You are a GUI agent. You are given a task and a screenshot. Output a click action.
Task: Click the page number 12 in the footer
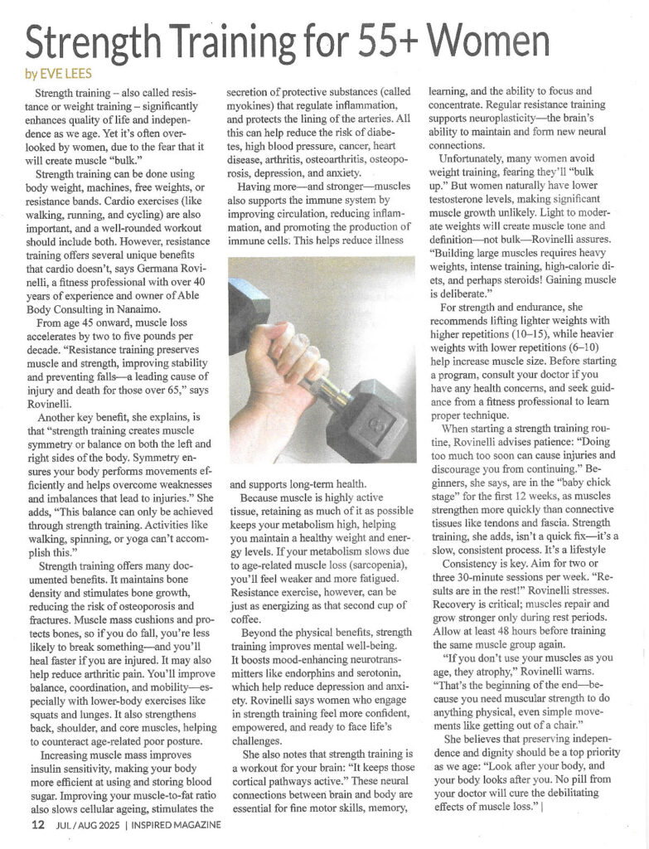point(37,825)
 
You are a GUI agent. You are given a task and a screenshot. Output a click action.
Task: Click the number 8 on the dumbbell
point(362,430)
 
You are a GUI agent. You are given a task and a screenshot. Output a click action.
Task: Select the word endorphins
point(308,691)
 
